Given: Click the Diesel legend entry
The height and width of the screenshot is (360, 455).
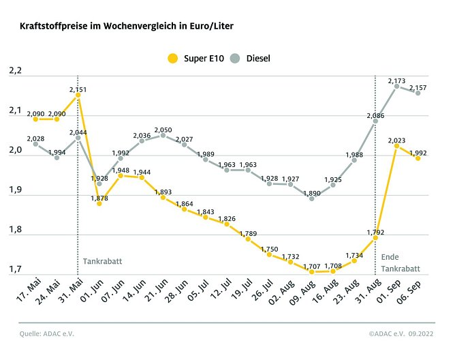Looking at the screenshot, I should (x=249, y=58).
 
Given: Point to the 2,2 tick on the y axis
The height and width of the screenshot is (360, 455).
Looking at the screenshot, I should (x=16, y=71).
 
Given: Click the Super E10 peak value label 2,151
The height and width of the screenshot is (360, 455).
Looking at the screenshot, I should (x=78, y=89).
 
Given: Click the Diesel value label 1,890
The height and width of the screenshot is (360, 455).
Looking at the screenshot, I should (x=311, y=193).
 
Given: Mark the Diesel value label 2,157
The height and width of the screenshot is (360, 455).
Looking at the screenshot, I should (x=419, y=88).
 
